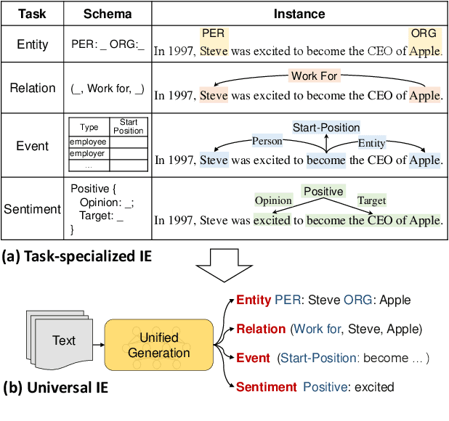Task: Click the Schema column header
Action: (x=108, y=14)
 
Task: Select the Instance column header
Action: (x=299, y=14)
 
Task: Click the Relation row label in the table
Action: (x=33, y=88)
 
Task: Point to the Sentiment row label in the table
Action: (x=33, y=209)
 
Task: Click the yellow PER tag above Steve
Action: (x=214, y=33)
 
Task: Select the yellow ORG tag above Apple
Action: (x=424, y=33)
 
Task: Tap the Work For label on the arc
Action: (x=314, y=75)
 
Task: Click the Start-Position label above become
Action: (x=325, y=128)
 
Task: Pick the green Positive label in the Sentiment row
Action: (x=323, y=191)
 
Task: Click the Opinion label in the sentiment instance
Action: (x=273, y=200)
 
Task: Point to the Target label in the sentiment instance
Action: (x=371, y=200)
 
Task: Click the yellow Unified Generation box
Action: (x=158, y=345)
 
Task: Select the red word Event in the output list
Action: (x=252, y=358)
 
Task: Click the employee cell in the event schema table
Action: (x=88, y=142)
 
